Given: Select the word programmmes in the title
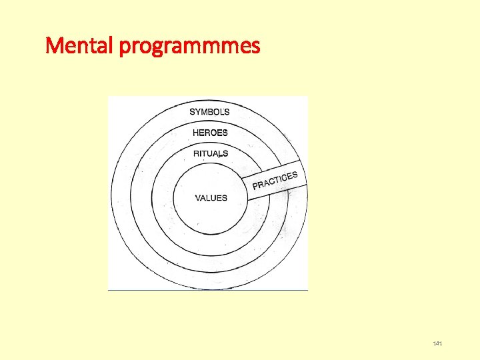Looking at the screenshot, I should (189, 47).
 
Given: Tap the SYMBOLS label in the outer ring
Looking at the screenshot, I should (209, 112).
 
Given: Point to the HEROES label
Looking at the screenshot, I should (210, 133).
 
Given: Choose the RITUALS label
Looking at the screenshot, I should (211, 153).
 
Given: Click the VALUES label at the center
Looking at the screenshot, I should (211, 198).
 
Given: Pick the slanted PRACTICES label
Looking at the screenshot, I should (275, 181).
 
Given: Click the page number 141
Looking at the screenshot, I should (438, 343).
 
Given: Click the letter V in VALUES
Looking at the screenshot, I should (198, 198).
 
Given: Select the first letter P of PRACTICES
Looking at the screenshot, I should (255, 186).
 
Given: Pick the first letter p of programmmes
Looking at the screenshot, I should (125, 48).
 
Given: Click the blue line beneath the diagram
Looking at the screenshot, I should (208, 290).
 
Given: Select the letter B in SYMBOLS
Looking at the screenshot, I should (211, 112).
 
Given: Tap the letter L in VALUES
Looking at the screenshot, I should (210, 198).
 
